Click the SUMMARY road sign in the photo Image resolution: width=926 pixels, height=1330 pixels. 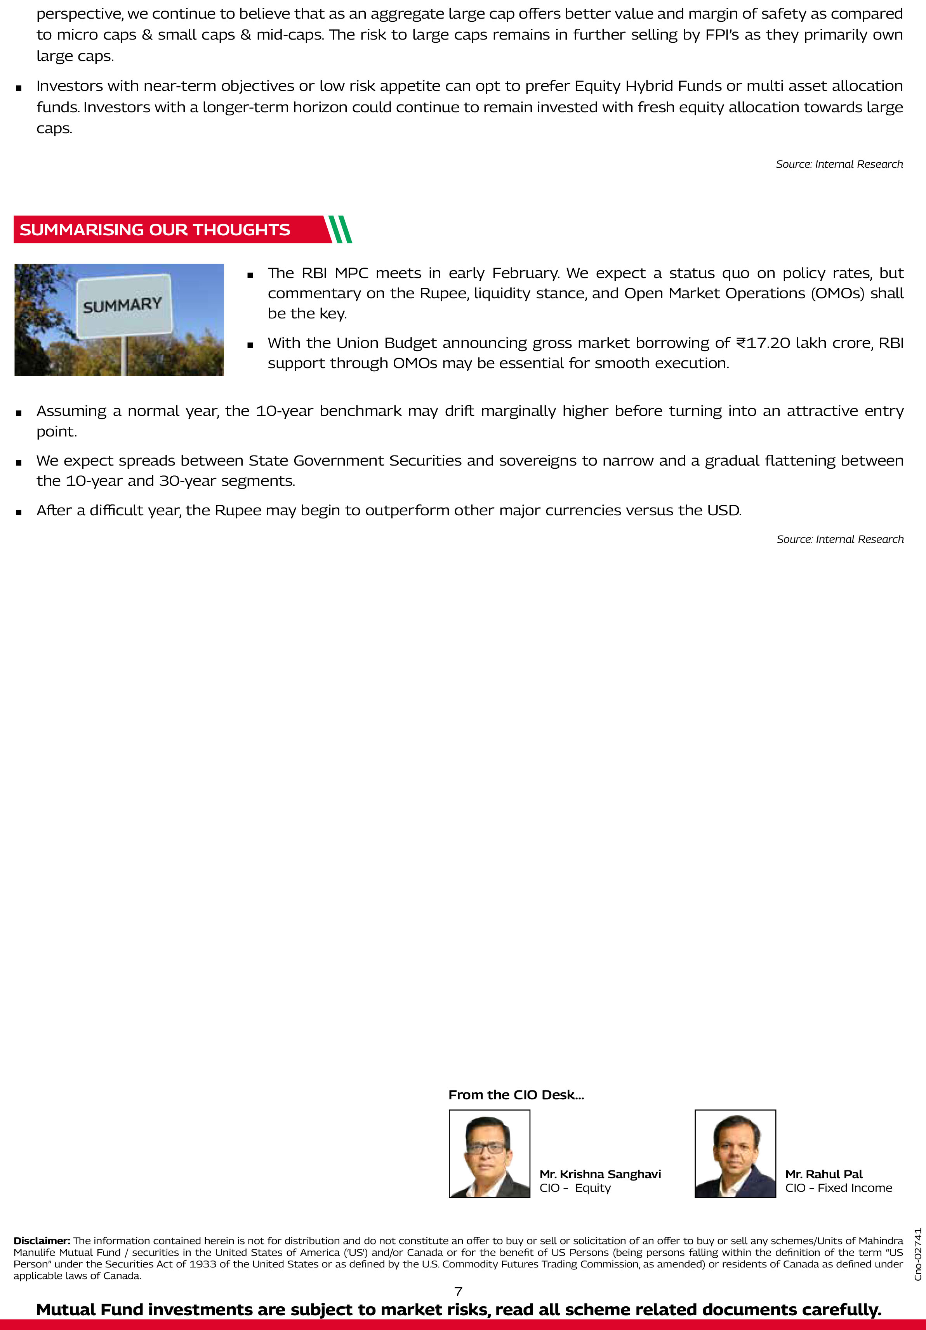click(123, 305)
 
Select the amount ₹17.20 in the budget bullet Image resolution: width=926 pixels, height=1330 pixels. click(763, 343)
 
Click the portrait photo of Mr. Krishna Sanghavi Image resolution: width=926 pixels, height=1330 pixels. click(489, 1153)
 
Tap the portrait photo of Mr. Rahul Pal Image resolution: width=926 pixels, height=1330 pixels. click(735, 1153)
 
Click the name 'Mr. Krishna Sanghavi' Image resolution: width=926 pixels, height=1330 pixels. click(600, 1174)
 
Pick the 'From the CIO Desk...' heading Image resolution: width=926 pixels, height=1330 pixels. click(516, 1095)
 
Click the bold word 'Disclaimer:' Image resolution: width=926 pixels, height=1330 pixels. click(42, 1241)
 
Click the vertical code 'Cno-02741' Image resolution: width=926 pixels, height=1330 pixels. click(918, 1254)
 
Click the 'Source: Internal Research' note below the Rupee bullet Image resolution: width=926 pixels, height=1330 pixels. click(840, 539)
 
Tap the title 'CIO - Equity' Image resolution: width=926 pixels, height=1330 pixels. click(575, 1188)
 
